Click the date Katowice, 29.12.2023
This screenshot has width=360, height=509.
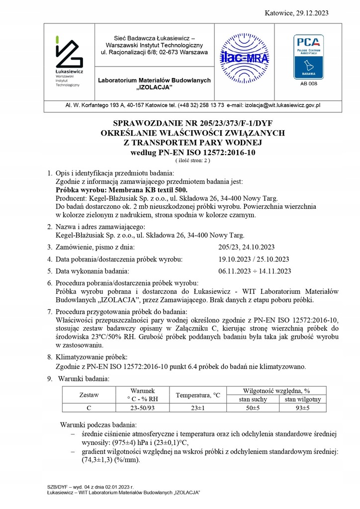click(x=304, y=12)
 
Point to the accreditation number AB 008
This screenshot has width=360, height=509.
click(x=308, y=84)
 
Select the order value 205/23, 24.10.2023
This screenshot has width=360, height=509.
click(x=247, y=247)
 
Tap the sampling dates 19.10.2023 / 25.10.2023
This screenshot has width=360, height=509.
click(x=254, y=259)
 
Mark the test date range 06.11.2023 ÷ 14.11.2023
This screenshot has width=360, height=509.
click(x=255, y=271)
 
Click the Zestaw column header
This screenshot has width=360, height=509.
click(x=90, y=395)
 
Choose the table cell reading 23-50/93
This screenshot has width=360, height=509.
click(x=142, y=408)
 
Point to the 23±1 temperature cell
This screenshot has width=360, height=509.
click(x=197, y=408)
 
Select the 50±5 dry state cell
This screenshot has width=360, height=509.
click(x=253, y=408)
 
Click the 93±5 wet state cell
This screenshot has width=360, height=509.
click(x=302, y=408)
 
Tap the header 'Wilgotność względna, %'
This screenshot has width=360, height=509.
click(x=276, y=391)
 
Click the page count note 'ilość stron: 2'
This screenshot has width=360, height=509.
click(x=192, y=161)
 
